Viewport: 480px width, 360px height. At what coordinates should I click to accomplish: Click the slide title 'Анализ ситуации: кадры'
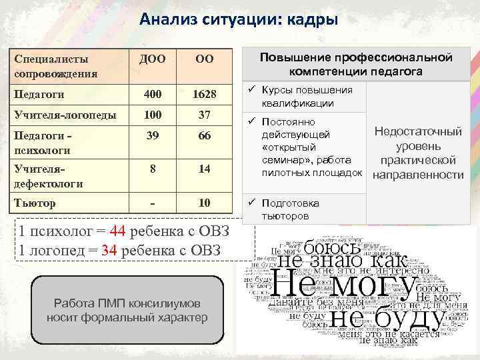[239, 19]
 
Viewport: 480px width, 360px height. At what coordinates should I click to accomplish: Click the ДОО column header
[153, 60]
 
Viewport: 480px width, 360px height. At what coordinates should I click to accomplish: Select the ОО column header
[204, 60]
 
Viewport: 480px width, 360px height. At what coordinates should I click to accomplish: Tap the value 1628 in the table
[204, 95]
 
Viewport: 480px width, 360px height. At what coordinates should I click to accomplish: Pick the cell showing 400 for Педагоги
[153, 95]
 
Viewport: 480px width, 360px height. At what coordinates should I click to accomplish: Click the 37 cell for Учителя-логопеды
[204, 115]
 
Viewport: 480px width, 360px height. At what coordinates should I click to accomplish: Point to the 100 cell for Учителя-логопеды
[153, 115]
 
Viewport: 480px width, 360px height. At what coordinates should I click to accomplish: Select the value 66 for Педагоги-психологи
[204, 136]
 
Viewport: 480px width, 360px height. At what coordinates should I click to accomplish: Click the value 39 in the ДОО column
[153, 135]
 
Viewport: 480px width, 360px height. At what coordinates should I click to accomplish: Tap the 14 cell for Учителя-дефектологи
[204, 169]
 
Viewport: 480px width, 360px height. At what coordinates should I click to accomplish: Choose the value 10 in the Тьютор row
[204, 203]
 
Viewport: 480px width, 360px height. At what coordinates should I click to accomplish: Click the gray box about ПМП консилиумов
[127, 310]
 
